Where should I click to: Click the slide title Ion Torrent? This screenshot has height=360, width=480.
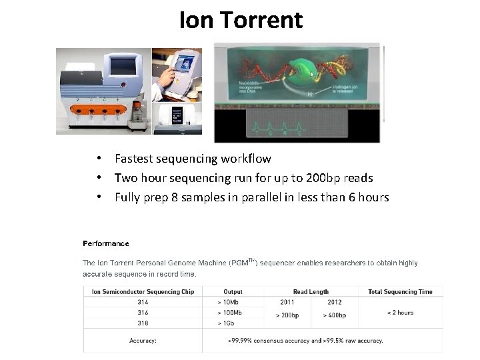241,21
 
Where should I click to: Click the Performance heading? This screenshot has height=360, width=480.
105,243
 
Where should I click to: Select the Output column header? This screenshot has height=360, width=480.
233,291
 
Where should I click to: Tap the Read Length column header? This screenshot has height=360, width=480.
311,291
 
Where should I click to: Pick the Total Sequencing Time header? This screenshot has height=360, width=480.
400,291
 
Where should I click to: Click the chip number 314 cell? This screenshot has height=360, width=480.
143,302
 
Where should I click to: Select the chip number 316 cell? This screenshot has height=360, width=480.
143,313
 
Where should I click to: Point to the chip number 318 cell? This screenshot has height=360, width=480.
143,323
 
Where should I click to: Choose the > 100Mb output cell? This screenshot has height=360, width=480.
230,313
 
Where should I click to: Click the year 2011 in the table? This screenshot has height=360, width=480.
287,302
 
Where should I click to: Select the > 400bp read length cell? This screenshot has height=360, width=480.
335,315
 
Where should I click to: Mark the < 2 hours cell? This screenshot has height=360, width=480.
400,313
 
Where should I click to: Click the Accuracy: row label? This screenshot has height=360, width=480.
143,341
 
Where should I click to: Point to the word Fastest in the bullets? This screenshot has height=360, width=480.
137,159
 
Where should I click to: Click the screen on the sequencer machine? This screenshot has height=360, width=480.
122,66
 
